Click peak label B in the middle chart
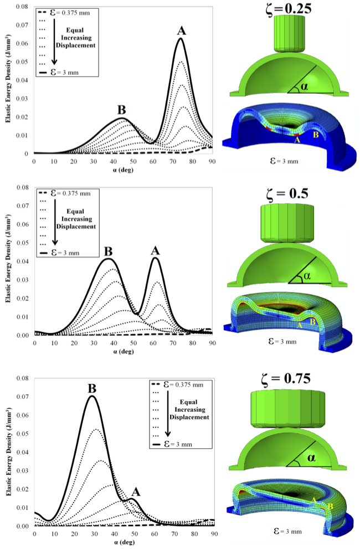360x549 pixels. pyautogui.click(x=109, y=251)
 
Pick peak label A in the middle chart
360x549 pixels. pyautogui.click(x=156, y=250)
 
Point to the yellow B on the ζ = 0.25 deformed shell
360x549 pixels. pyautogui.click(x=316, y=135)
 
